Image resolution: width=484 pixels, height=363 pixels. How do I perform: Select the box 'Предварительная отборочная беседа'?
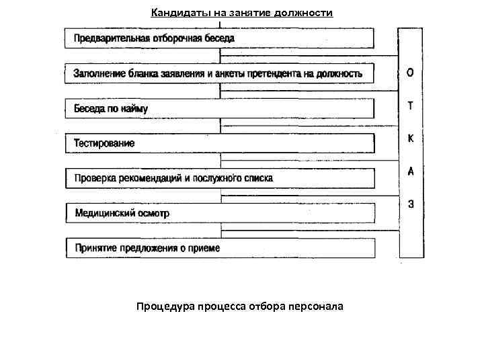point(219,38)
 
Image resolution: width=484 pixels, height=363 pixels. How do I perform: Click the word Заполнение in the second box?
point(97,73)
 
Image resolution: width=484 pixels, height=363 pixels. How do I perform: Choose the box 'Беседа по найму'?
point(219,108)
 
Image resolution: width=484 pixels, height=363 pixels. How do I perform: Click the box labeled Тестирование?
point(219,143)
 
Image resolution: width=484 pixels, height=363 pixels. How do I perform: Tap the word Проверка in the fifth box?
point(95,178)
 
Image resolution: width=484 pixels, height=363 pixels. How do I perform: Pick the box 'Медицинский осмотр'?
point(219,213)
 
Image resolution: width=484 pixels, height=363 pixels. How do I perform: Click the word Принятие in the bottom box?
point(95,248)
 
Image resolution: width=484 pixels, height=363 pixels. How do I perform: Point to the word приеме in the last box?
point(205,248)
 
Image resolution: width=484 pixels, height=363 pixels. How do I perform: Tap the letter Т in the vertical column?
point(411,106)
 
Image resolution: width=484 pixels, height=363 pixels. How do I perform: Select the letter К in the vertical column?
point(411,138)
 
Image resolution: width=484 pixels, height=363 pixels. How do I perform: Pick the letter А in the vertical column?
point(411,171)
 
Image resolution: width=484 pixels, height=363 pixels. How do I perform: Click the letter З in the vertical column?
point(411,204)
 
